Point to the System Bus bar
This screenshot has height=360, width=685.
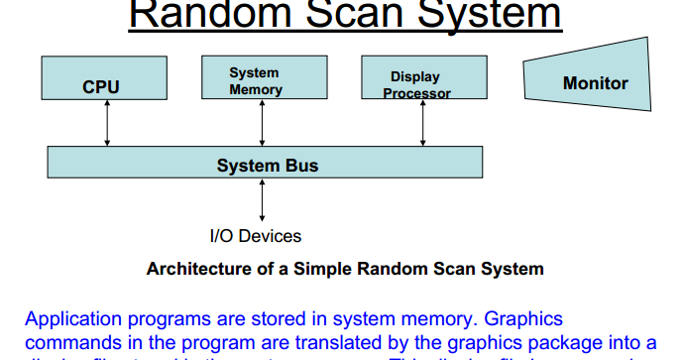(x=266, y=163)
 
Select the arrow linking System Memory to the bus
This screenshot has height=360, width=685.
(x=262, y=123)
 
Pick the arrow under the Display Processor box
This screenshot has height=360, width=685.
(x=423, y=123)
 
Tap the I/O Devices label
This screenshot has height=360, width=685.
(x=255, y=236)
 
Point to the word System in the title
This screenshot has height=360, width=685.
(x=485, y=14)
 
